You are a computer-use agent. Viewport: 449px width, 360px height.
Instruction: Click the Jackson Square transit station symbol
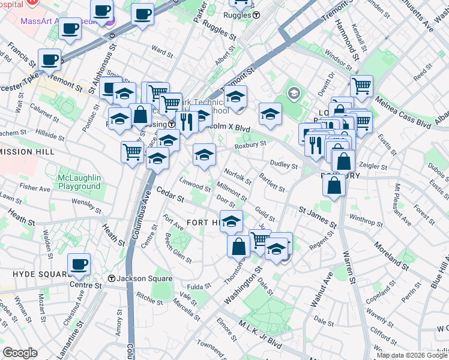pyautogui.click(x=111, y=278)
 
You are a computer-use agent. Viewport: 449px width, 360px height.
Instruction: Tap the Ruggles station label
pyautogui.click(x=241, y=15)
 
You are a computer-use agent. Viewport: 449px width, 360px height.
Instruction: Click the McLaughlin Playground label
pyautogui.click(x=79, y=182)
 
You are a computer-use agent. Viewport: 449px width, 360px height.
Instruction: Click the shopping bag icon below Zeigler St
pyautogui.click(x=334, y=185)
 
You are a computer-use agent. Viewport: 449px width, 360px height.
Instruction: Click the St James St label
pyautogui.click(x=318, y=215)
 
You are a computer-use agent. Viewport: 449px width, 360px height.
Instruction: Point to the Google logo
pyautogui.click(x=20, y=353)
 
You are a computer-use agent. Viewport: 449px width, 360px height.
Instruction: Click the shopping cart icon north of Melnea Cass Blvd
pyautogui.click(x=361, y=86)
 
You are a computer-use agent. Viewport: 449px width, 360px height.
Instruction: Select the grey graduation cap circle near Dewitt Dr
pyautogui.click(x=294, y=93)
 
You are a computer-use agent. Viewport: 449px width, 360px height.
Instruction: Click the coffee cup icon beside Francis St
pyautogui.click(x=49, y=59)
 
